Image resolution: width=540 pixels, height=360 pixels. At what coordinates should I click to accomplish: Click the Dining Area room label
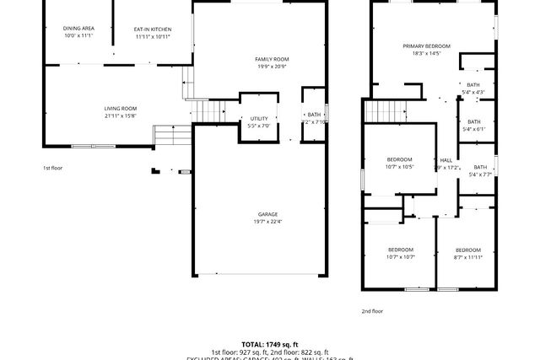point(78,29)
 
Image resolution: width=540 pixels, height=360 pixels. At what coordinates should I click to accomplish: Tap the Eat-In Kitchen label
point(153,29)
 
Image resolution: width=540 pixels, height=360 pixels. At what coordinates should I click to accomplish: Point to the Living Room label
point(121,108)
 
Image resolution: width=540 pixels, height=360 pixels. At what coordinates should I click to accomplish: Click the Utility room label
point(258,118)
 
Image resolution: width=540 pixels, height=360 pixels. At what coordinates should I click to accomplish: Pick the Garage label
point(267,214)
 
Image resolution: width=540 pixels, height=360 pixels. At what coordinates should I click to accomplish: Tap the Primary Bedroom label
point(426,46)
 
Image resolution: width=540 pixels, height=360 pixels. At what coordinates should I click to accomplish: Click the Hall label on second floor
point(445,160)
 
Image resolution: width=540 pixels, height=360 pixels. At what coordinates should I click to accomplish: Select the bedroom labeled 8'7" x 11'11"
point(467,250)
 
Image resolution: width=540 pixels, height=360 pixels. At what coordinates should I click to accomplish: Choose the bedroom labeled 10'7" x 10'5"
point(399,159)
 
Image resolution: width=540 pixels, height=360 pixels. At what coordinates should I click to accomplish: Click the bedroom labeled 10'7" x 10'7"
point(400,250)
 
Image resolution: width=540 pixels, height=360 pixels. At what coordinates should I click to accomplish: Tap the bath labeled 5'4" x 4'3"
point(473,84)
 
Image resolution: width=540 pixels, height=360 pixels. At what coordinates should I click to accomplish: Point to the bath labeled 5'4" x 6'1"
point(473,121)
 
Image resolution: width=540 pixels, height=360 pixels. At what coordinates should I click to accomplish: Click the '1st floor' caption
point(53,168)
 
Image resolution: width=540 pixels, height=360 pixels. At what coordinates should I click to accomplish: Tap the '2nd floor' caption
point(372,311)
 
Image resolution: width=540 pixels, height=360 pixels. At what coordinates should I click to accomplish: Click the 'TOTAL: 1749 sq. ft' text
point(270,345)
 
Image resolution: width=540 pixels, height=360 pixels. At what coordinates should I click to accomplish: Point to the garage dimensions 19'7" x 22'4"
point(267,222)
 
